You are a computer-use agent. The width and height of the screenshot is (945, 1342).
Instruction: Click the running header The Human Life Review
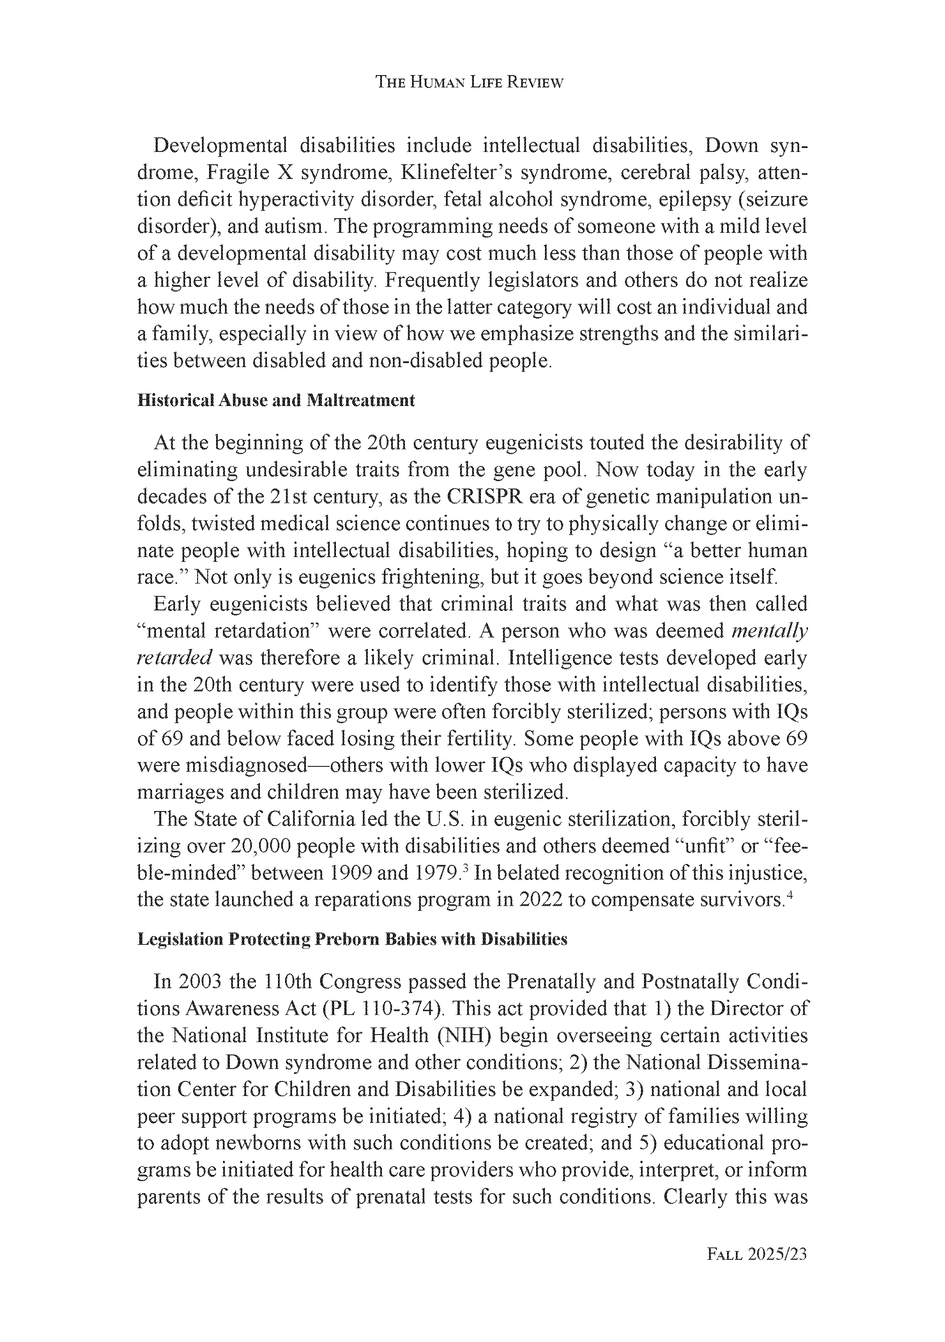469,83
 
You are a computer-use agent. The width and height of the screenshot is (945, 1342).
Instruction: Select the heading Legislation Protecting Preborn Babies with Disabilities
352,939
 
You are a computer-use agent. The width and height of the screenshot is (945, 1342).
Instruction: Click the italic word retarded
174,658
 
